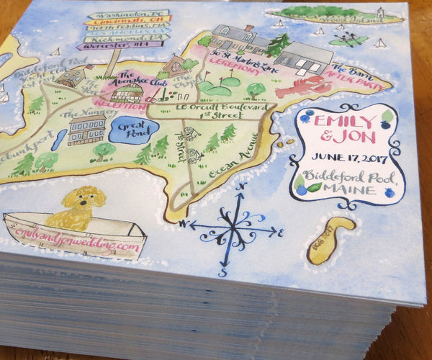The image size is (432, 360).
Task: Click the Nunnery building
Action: coord(86,131)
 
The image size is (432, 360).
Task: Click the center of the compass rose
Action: coord(231,230)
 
